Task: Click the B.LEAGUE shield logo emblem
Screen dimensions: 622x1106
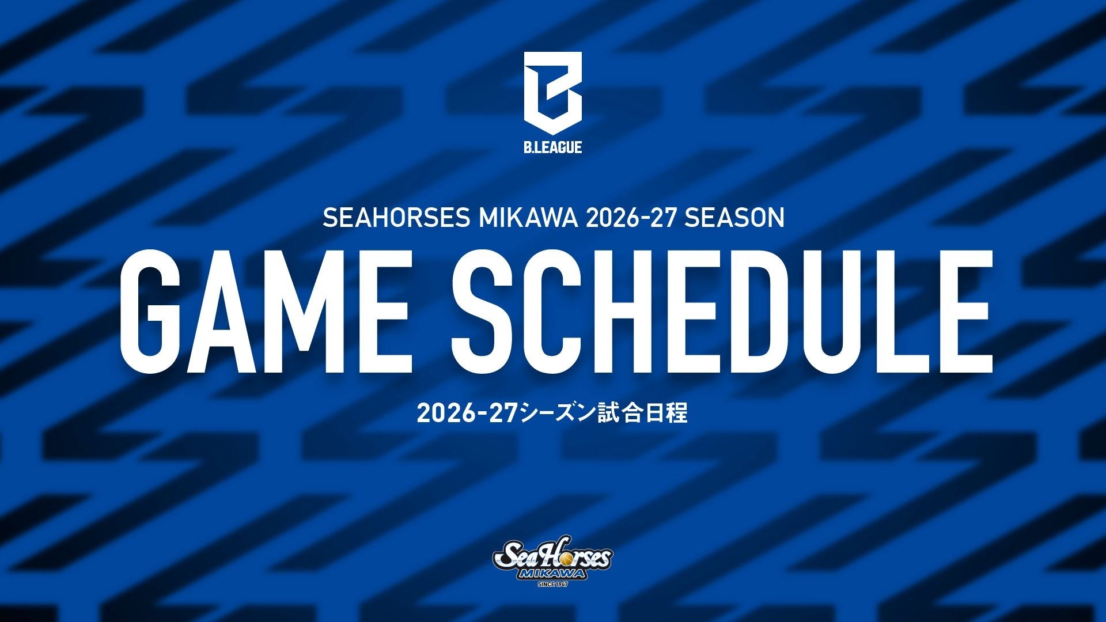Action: click(x=552, y=93)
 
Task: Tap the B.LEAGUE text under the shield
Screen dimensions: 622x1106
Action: click(x=552, y=147)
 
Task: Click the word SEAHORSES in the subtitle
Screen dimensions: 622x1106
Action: click(x=396, y=218)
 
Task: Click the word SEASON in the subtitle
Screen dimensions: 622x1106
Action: click(x=734, y=218)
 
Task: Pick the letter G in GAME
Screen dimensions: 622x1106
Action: click(x=149, y=311)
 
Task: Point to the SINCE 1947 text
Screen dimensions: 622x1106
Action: click(x=552, y=585)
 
